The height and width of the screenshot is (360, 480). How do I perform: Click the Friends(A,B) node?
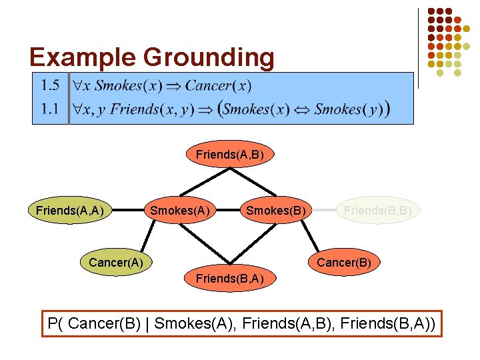[230, 155]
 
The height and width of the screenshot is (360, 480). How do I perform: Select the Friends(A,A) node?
[70, 211]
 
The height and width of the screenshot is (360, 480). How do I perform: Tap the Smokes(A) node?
[179, 211]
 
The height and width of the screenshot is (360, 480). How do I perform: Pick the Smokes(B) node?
[276, 211]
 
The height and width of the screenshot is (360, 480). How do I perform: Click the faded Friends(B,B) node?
[377, 211]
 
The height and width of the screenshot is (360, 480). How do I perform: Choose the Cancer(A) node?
[115, 262]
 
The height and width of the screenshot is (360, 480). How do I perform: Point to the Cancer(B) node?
[344, 262]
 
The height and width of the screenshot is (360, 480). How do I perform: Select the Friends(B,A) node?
[230, 277]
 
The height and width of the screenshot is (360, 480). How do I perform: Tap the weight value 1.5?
[50, 85]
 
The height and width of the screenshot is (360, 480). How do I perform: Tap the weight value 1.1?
[50, 108]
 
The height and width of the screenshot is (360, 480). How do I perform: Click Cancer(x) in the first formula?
[218, 85]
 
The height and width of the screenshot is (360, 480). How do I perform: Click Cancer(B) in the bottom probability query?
[108, 324]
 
